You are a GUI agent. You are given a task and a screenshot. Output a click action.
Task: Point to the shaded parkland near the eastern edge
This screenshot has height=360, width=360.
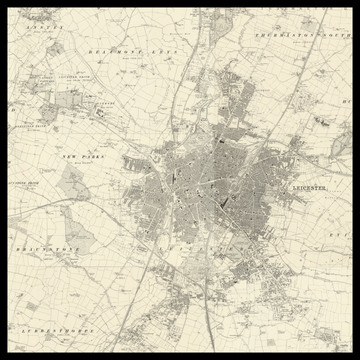pyautogui.click(x=323, y=121)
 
